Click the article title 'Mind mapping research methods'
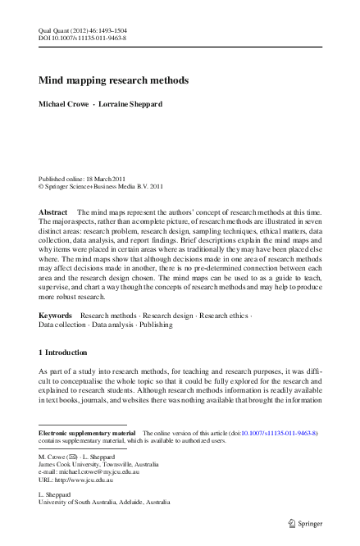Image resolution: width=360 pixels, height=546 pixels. pos(114,81)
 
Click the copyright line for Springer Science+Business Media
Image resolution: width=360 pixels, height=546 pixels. pos(96,186)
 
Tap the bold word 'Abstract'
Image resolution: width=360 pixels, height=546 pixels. pos(53,212)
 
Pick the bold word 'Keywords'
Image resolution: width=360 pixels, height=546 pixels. pos(56,315)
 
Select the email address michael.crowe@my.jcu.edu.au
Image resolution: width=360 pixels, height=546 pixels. pos(98,472)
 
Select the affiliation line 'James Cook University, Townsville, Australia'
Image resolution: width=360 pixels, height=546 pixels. pos(93,463)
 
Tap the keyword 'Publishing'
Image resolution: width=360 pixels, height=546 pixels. pos(155,325)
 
